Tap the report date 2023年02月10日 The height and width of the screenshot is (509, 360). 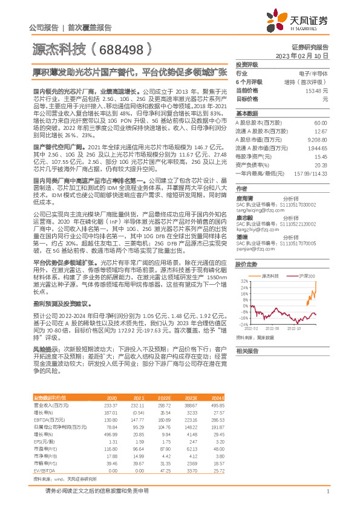(303, 55)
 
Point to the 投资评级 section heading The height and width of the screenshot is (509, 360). (246, 64)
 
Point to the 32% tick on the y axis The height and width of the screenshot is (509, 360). (242, 281)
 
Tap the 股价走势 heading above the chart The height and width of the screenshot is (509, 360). (246, 264)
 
